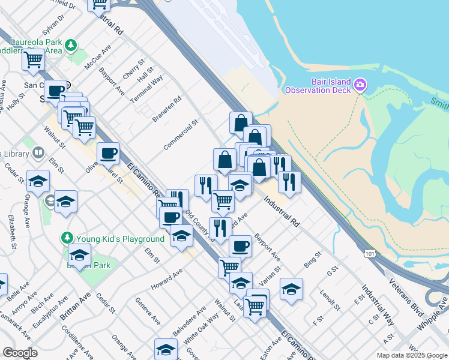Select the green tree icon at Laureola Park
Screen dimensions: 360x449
pos(71,44)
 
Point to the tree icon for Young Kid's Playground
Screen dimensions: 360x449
pos(67,239)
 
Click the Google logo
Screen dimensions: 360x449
pos(20,353)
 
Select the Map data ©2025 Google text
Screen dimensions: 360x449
pos(412,355)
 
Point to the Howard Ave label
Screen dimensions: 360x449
pos(166,279)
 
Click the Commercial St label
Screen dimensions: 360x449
pos(181,135)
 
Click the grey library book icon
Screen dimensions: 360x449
pos(38,153)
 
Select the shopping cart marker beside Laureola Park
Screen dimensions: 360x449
pos(34,60)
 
